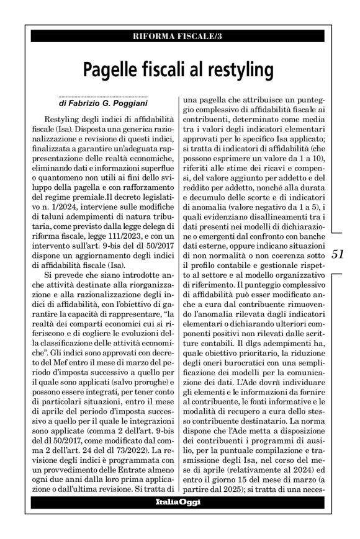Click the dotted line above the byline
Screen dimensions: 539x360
(102, 96)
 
